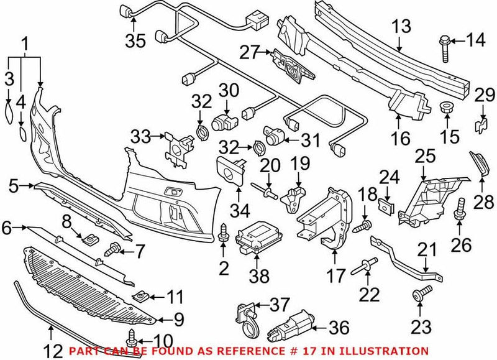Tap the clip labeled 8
90,236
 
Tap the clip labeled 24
386,205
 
